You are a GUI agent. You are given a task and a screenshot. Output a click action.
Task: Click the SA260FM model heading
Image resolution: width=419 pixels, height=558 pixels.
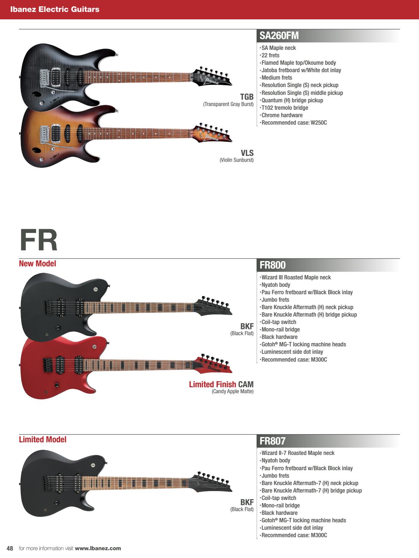click(x=279, y=36)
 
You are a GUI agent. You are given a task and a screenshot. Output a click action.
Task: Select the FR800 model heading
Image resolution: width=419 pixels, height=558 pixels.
click(x=273, y=265)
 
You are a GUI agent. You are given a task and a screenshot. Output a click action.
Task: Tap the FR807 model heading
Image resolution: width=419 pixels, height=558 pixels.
click(x=273, y=441)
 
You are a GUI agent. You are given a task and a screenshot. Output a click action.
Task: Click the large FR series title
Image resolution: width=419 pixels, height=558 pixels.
click(x=38, y=240)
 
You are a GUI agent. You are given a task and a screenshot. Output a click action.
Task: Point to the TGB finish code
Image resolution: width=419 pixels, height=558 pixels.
click(x=247, y=97)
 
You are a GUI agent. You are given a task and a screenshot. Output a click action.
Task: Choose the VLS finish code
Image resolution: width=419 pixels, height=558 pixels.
click(x=247, y=153)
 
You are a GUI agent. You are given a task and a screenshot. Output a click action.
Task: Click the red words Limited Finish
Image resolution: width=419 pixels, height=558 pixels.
click(x=212, y=384)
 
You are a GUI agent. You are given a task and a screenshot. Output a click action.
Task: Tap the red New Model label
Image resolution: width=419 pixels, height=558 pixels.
click(x=37, y=264)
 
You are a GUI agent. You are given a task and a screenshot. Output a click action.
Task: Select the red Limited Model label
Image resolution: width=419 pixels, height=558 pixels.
click(x=42, y=440)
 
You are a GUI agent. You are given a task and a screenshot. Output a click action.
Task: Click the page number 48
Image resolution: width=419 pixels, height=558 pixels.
click(x=10, y=548)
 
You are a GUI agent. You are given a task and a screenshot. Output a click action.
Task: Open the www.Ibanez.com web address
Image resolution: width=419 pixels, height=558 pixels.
click(x=98, y=548)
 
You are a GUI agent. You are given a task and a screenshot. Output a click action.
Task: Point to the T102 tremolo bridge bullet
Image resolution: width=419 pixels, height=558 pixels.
click(x=285, y=108)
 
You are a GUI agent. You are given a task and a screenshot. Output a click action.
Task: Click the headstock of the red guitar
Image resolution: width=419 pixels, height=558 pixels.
click(x=213, y=364)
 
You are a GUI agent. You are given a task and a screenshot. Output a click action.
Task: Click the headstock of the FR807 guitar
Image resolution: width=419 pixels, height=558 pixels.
click(x=211, y=482)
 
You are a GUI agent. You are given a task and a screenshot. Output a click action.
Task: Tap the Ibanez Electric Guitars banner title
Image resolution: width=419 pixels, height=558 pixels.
click(x=55, y=9)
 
